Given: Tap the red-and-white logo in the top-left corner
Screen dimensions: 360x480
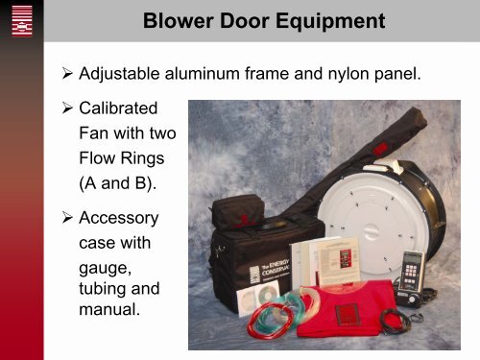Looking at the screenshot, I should (x=20, y=20).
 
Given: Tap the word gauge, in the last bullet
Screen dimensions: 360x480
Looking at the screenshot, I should (x=107, y=265).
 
